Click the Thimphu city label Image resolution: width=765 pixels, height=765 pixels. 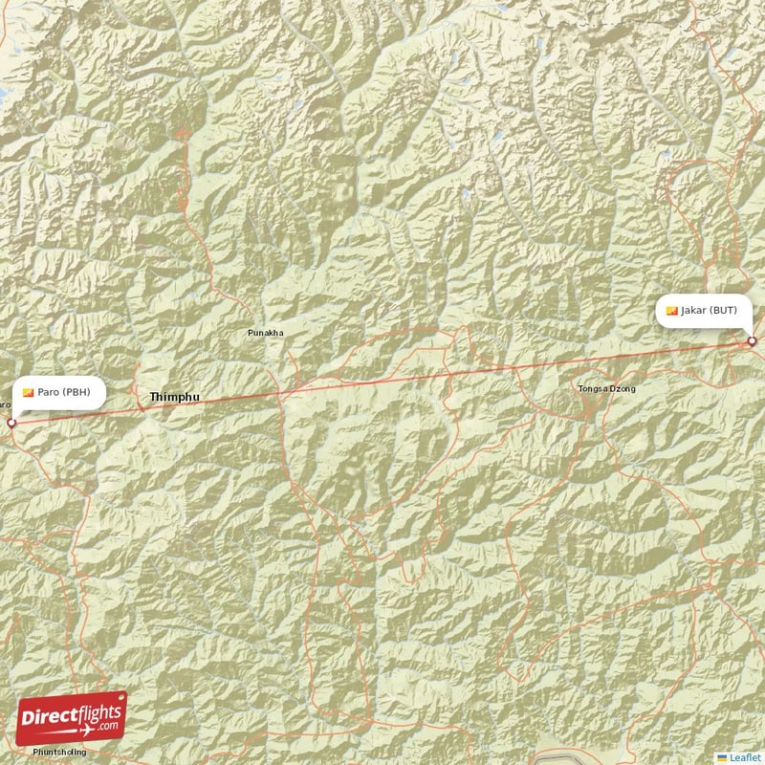(174, 396)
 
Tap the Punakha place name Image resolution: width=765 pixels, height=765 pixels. (265, 333)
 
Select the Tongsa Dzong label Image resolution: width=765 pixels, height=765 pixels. (606, 388)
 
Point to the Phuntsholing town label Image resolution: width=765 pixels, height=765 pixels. (59, 753)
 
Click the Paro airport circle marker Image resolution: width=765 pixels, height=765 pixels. (11, 423)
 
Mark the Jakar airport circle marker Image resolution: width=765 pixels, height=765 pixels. (752, 341)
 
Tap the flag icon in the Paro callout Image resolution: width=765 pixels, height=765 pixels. (29, 392)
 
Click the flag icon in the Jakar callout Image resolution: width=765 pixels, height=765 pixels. (672, 311)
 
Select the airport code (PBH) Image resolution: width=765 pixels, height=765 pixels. (75, 392)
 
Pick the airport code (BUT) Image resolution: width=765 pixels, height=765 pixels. (723, 311)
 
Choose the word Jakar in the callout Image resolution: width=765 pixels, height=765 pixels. (693, 311)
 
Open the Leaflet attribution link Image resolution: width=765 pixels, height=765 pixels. (746, 756)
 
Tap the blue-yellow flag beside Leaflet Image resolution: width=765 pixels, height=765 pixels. (722, 756)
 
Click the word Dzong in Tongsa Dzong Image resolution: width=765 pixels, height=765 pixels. (621, 388)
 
